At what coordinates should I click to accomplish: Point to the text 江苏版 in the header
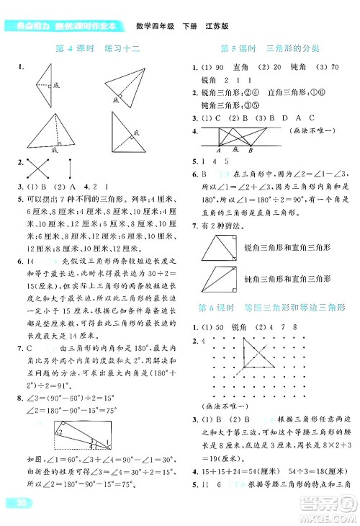(x=216, y=27)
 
